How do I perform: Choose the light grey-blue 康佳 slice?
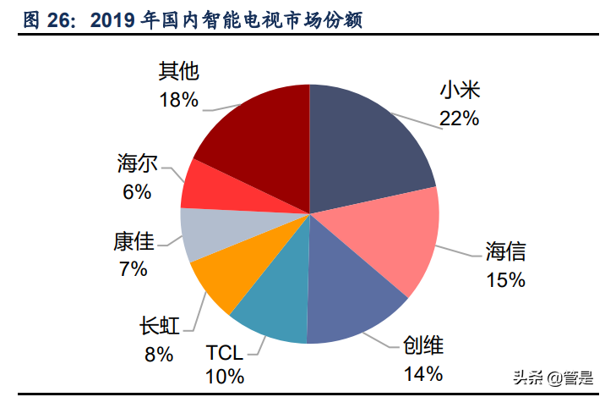[x=203, y=234]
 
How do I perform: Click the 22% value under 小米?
[x=459, y=119]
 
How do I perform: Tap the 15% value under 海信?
[x=505, y=278]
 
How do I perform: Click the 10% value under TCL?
[x=225, y=376]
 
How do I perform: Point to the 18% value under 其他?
[x=178, y=100]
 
